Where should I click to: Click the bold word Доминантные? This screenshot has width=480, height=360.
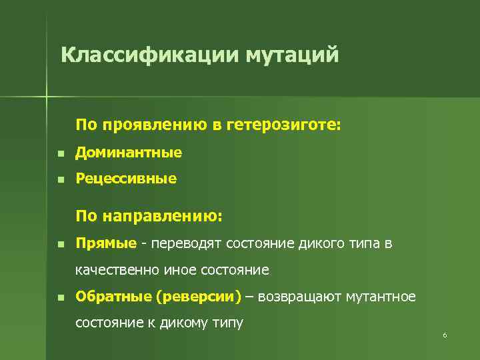[128, 153]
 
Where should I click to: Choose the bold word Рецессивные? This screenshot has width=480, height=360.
[126, 179]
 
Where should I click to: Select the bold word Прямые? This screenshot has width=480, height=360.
[106, 243]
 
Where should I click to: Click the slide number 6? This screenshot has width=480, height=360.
[444, 335]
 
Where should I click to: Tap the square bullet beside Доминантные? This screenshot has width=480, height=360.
[60, 153]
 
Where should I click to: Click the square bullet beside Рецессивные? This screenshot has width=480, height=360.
[60, 179]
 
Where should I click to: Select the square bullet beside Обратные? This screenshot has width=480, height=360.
[60, 297]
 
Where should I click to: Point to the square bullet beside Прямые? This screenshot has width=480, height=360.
[60, 244]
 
